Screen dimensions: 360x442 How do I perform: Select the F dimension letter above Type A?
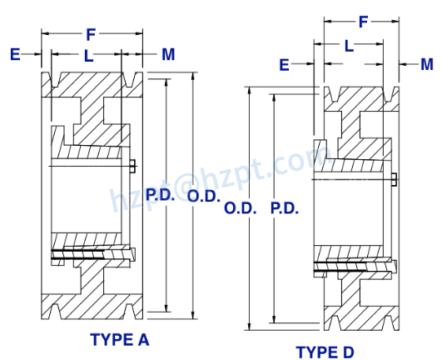(91, 35)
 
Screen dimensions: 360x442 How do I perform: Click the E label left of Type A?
(14, 55)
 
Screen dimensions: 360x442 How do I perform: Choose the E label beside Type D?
(284, 64)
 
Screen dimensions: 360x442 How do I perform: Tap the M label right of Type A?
(168, 55)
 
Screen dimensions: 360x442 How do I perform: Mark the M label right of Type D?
(427, 64)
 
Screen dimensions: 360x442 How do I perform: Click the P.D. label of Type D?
(285, 207)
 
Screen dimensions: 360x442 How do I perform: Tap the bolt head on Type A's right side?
(134, 164)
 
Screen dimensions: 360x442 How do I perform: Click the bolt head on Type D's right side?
(394, 178)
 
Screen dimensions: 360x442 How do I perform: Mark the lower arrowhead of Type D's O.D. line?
(251, 327)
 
